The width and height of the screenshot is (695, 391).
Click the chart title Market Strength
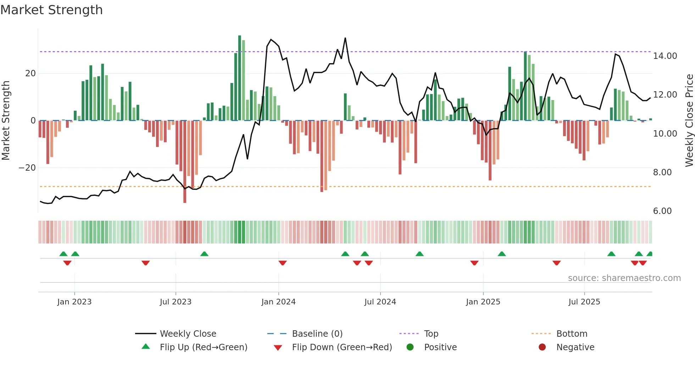pos(51,10)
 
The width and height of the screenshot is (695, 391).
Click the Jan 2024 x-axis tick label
pos(278,302)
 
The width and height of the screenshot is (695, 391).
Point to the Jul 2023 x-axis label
pos(176,302)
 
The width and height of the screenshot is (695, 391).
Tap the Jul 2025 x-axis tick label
pos(584,302)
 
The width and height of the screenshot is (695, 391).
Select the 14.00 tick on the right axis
pos(665,56)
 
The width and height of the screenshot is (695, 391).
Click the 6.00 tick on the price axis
pos(662,211)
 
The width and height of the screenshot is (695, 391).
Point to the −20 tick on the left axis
pos(27,168)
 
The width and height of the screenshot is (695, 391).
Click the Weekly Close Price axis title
pos(689,120)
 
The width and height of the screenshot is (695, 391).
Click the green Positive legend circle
pos(410,347)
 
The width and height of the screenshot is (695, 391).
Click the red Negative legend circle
pos(542,347)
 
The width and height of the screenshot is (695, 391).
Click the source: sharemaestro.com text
pos(624,278)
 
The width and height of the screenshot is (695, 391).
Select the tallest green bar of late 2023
pos(240,78)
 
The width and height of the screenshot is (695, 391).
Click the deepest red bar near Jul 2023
pos(185,161)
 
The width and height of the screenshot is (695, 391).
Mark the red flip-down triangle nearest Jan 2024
pos(283,263)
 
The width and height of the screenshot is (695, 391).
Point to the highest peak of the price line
pos(345,38)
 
